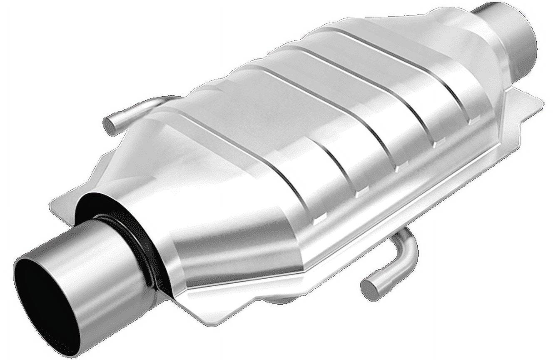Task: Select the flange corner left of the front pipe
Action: [56, 204]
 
